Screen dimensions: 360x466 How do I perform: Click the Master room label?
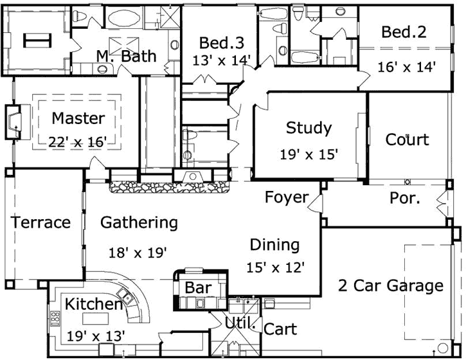[x=78, y=118]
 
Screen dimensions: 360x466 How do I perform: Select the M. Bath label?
[x=126, y=57]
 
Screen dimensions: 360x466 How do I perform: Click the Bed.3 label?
[x=221, y=43]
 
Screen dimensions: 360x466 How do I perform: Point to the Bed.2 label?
[x=404, y=32]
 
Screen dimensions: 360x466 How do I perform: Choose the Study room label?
[x=309, y=128]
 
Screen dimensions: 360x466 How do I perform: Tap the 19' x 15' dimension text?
[x=309, y=154]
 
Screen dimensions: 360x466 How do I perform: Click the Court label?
[x=407, y=139]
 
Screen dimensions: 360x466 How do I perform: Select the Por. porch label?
[x=405, y=198]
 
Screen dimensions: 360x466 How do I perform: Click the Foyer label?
[x=287, y=197]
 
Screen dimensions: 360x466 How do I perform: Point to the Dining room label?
[x=274, y=244]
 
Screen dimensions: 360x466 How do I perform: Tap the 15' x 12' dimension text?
[x=276, y=265]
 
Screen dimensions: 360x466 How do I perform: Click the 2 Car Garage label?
[x=391, y=285]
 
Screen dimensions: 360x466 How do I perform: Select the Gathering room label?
[x=139, y=222]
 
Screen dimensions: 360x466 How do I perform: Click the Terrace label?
[x=40, y=222]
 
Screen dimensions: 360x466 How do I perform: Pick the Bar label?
[x=197, y=287]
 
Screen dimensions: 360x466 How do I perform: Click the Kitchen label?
[x=94, y=304]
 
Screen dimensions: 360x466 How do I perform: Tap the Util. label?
[x=240, y=325]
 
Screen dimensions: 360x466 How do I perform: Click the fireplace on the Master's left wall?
[x=15, y=122]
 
